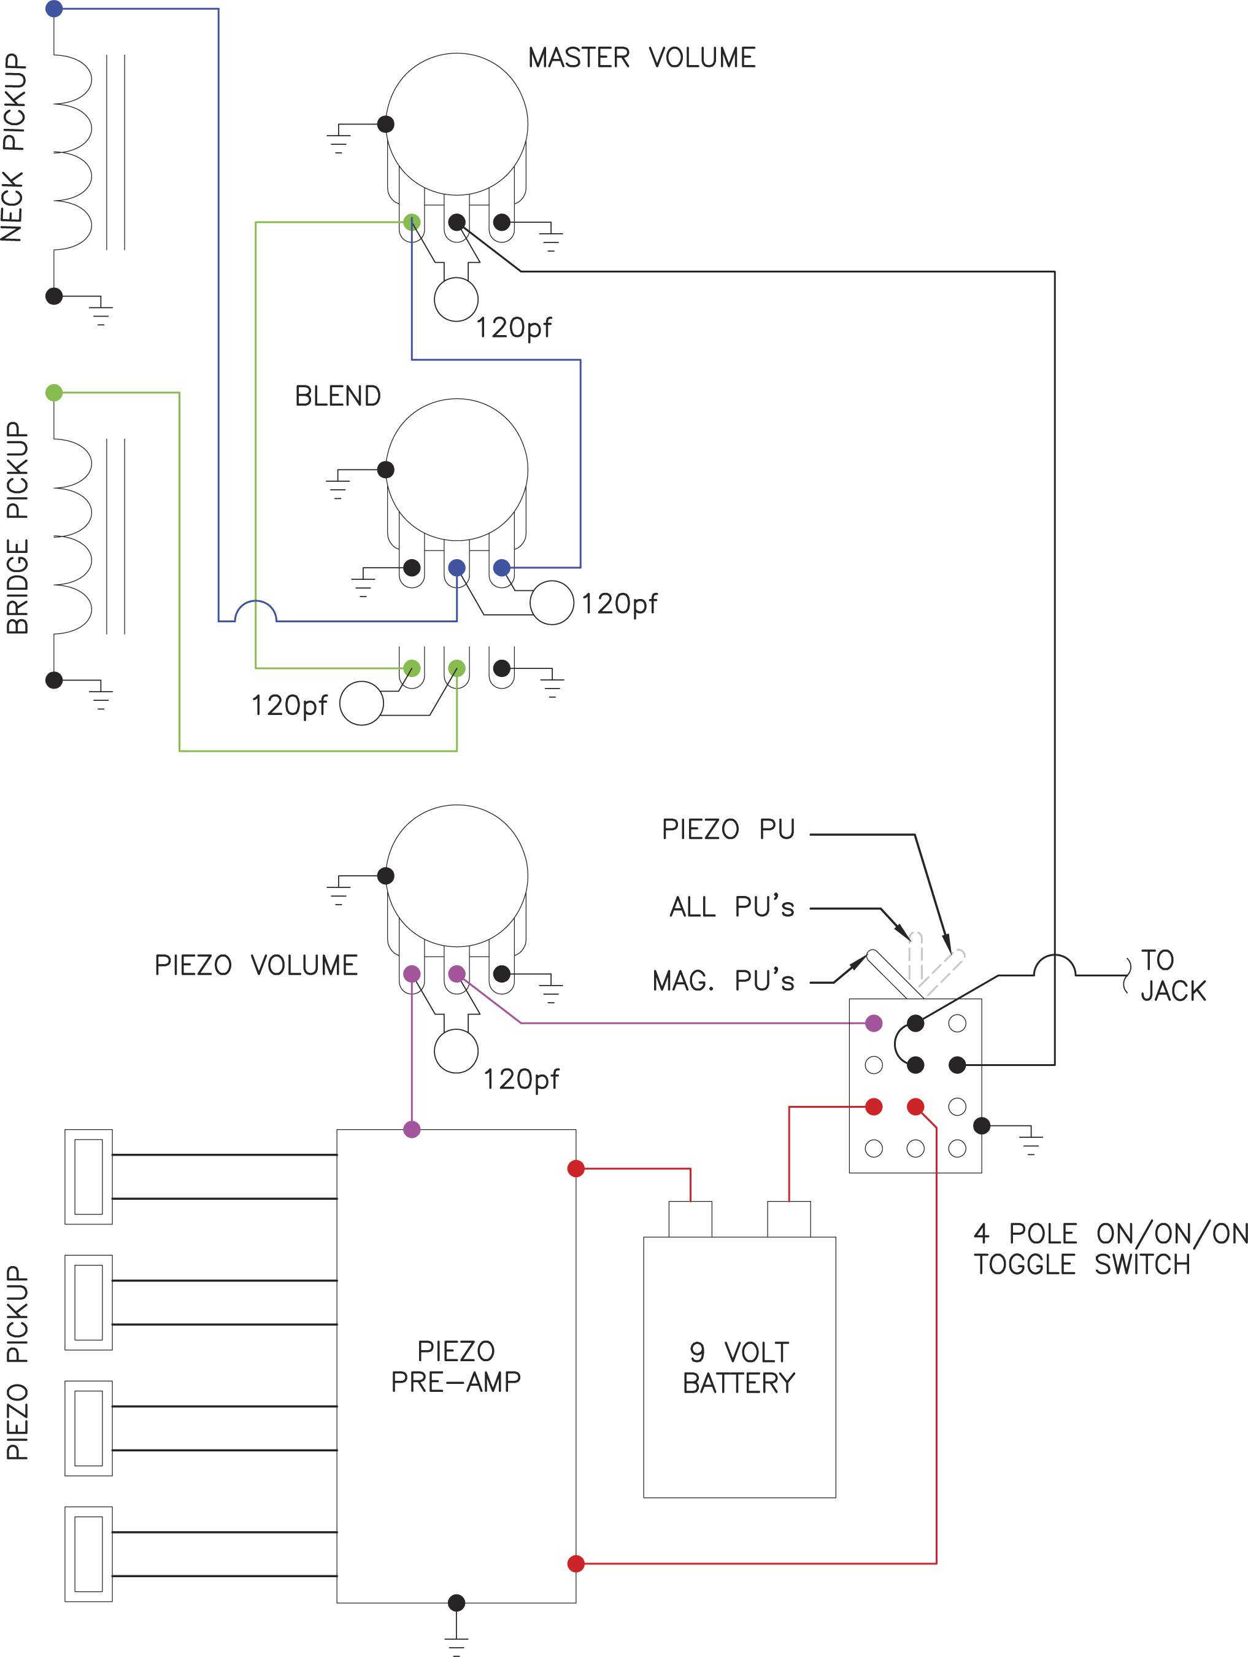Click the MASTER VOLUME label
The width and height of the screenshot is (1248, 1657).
tap(642, 58)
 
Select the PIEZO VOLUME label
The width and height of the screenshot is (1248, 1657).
tap(256, 965)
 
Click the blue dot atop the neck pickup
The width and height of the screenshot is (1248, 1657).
tap(54, 9)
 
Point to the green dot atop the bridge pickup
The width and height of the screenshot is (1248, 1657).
tap(54, 393)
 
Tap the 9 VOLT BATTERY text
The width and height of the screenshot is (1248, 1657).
tap(739, 1367)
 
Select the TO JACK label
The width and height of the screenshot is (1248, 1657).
tap(1173, 975)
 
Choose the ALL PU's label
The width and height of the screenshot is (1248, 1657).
tap(732, 906)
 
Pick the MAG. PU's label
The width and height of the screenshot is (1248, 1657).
tap(723, 981)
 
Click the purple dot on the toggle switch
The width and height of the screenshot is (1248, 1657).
tap(874, 1023)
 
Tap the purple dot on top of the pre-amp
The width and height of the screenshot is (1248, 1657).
tap(412, 1129)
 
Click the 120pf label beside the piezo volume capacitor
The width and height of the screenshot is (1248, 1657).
tap(521, 1080)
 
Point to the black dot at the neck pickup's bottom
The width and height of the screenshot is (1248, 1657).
tap(54, 296)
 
